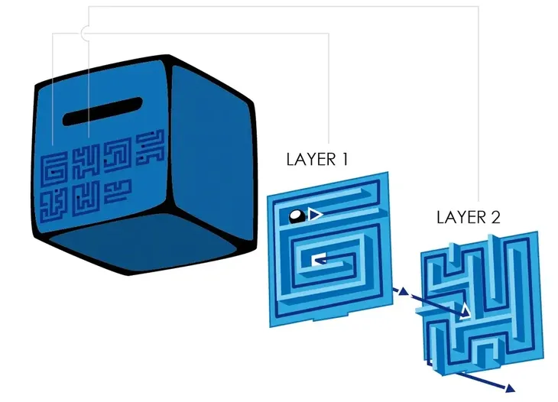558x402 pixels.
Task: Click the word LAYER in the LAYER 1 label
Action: pos(310,160)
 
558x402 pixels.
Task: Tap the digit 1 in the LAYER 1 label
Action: pos(344,160)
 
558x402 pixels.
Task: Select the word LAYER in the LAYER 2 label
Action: pos(461,217)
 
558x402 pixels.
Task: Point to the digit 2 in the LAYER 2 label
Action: pos(496,217)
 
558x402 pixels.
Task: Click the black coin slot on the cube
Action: pos(102,112)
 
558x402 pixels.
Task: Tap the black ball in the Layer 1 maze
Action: pos(297,216)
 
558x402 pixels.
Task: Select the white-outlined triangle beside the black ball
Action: pos(315,215)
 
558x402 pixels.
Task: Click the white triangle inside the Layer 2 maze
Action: pos(465,311)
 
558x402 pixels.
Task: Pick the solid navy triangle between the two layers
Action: pos(403,291)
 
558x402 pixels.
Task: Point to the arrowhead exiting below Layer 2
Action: pos(511,388)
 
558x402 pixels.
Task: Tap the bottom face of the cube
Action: pos(142,242)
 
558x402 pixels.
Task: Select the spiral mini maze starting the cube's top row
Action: pos(54,170)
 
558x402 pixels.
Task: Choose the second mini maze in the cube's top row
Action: pos(86,163)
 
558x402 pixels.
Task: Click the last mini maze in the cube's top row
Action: pos(151,145)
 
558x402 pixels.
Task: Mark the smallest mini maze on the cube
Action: pos(118,191)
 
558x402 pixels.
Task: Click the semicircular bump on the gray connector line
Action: pos(83,33)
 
